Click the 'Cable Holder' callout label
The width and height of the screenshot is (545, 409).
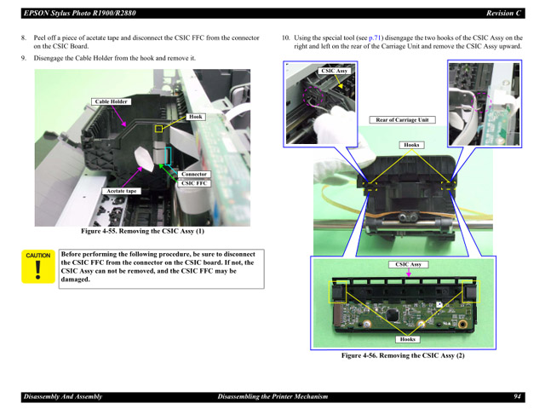pos(112,101)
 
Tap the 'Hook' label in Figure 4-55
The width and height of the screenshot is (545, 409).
pos(196,117)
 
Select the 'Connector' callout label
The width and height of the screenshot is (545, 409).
pos(194,174)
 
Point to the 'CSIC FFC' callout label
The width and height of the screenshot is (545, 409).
pos(194,182)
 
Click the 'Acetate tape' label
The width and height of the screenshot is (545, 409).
pos(121,191)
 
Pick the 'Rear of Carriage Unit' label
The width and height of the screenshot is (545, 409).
pos(401,120)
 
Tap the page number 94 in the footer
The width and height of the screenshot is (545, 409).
pos(517,396)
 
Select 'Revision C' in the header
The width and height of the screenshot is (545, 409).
pos(503,13)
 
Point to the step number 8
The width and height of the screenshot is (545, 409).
pos(23,38)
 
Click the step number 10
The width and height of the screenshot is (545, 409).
pos(285,38)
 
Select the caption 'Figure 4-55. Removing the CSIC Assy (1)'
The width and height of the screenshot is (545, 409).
pos(142,231)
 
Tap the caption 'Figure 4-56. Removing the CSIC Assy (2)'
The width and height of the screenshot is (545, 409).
pos(403,355)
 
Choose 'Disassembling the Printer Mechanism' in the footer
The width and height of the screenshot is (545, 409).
pos(272,396)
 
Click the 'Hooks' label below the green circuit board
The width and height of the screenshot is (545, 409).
pos(407,339)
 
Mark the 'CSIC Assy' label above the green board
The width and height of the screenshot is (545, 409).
pos(408,264)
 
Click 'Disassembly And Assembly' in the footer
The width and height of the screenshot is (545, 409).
pos(62,396)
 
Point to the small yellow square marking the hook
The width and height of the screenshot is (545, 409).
pos(158,129)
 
